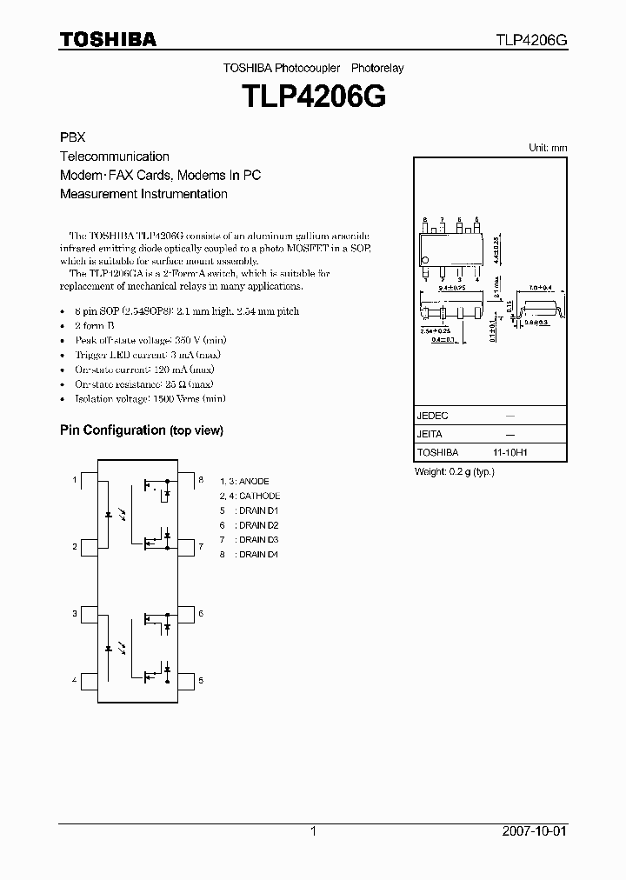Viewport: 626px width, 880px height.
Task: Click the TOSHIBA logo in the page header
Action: (x=108, y=40)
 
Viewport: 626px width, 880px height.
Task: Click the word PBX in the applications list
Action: (x=72, y=138)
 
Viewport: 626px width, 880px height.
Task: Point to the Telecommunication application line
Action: (x=114, y=157)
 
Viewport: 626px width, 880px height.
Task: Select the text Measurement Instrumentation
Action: (x=143, y=194)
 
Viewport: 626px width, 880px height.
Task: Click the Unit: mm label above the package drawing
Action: (x=548, y=148)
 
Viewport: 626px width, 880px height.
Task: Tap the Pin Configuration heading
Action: (x=141, y=430)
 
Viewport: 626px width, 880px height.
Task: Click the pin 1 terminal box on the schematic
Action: (x=88, y=480)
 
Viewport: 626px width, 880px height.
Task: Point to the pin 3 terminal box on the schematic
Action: (x=88, y=615)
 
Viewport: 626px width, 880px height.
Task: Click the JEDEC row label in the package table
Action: (x=432, y=417)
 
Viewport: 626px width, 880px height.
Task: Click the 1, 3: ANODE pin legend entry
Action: (x=244, y=481)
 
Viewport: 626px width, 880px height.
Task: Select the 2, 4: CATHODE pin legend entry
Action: (x=250, y=496)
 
